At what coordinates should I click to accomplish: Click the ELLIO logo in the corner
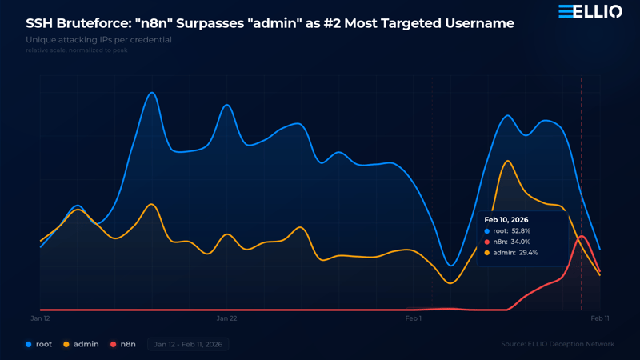pyautogui.click(x=590, y=11)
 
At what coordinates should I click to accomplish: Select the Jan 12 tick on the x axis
pyautogui.click(x=41, y=318)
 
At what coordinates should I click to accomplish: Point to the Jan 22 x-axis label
pyautogui.click(x=227, y=318)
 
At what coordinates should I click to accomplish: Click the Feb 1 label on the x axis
pyautogui.click(x=414, y=318)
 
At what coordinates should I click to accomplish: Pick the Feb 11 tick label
pyautogui.click(x=600, y=318)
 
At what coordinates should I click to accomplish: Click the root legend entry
pyautogui.click(x=39, y=344)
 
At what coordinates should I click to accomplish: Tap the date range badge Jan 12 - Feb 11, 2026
pyautogui.click(x=188, y=344)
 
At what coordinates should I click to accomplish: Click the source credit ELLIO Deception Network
pyautogui.click(x=558, y=344)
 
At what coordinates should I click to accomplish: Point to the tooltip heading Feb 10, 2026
pyautogui.click(x=506, y=220)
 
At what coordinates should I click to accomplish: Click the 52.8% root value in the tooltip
pyautogui.click(x=521, y=231)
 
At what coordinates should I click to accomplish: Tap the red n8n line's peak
pyautogui.click(x=582, y=236)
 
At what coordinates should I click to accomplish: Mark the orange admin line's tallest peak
pyautogui.click(x=506, y=161)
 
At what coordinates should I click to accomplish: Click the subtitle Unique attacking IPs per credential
pyautogui.click(x=98, y=40)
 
